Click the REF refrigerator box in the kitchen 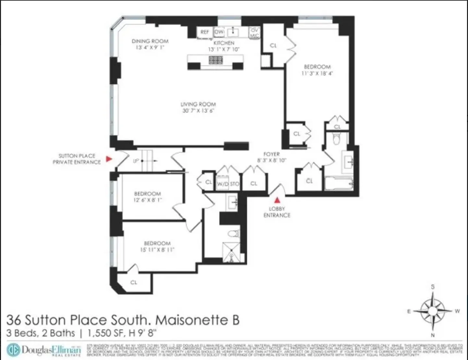[x=205, y=32]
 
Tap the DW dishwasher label [x=219, y=32]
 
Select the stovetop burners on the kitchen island [x=216, y=60]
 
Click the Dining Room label [x=150, y=41]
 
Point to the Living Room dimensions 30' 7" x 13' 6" [x=198, y=111]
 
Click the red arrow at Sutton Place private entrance [x=109, y=159]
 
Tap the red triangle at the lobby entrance [x=277, y=200]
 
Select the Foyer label [x=272, y=154]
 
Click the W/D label [x=223, y=184]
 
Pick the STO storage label [x=235, y=184]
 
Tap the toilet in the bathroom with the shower [x=233, y=234]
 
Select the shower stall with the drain [x=231, y=252]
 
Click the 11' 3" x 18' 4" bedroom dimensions [x=317, y=73]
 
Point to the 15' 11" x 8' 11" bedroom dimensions [x=157, y=250]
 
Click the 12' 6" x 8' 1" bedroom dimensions [x=147, y=200]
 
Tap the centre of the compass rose [x=433, y=311]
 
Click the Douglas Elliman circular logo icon [x=13, y=350]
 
